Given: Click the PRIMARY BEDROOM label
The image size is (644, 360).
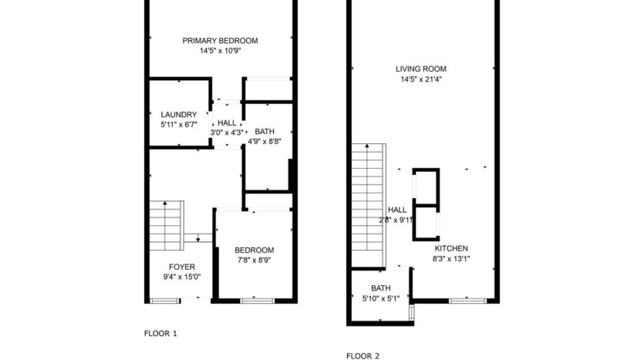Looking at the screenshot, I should [x=220, y=41].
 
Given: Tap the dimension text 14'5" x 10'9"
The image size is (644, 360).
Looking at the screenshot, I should [x=220, y=52].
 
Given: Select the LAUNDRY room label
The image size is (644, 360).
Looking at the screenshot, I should [x=178, y=115].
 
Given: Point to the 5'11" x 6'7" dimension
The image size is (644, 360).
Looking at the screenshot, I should [x=178, y=125].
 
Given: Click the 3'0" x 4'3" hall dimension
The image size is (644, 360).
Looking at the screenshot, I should [x=227, y=133].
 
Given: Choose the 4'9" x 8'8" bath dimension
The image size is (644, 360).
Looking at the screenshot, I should [x=264, y=141].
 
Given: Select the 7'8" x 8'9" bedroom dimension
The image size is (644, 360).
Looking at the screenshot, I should [x=254, y=261].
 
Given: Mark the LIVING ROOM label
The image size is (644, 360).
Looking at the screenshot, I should [x=420, y=69].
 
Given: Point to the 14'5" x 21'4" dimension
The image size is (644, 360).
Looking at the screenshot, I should [x=420, y=79].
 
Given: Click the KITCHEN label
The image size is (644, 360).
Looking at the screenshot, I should [x=451, y=248].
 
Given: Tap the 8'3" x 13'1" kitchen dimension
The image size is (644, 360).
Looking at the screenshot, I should [x=451, y=259].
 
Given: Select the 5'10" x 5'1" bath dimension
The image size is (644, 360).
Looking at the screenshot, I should [x=380, y=300].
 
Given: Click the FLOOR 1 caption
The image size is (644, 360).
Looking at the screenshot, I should [x=161, y=334].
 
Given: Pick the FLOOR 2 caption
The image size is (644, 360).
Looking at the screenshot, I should [x=362, y=356].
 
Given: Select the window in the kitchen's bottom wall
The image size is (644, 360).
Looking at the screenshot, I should [x=465, y=300].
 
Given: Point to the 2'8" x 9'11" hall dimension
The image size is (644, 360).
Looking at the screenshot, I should [x=396, y=220].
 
